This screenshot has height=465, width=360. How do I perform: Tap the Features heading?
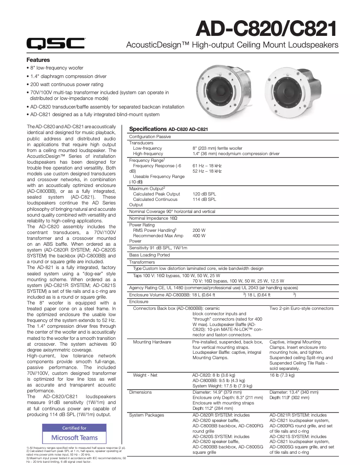point(38,60)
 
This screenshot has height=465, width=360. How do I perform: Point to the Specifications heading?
point(148,129)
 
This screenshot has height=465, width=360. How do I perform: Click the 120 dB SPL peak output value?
point(204,194)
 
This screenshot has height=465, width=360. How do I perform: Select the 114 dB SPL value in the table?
point(204,199)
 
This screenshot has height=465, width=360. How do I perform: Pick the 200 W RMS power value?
point(199,230)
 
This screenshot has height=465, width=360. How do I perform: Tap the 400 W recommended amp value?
point(199,235)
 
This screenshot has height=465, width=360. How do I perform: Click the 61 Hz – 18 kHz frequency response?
point(207,165)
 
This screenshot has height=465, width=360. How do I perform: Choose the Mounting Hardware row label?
point(152,342)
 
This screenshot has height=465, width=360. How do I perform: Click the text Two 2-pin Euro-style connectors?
point(301,309)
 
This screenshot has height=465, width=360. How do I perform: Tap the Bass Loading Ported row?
point(149,255)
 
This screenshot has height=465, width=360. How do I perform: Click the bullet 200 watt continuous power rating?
point(66,84)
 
